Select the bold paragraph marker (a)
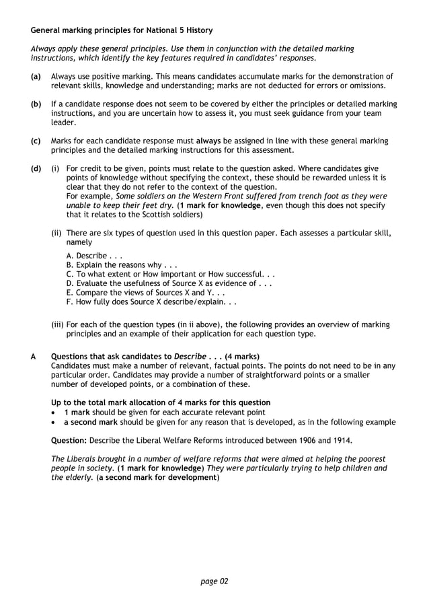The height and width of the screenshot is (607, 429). [x=36, y=77]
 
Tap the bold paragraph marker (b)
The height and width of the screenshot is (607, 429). [x=36, y=104]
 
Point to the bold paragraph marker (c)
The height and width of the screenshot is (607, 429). [x=36, y=141]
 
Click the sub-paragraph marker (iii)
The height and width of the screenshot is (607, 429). [x=58, y=324]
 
